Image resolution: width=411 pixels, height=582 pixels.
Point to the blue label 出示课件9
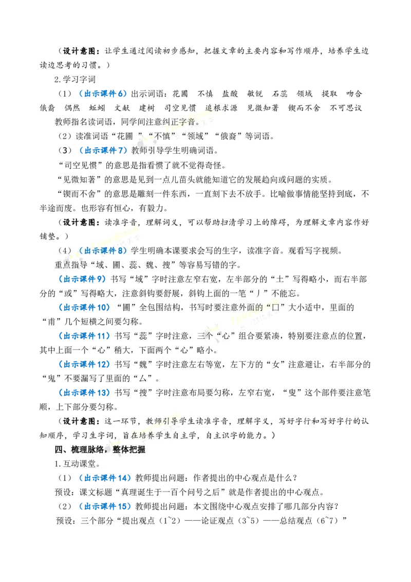coord(82,279)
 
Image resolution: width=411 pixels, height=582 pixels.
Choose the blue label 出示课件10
coord(85,307)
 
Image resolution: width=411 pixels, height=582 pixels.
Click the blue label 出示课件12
coord(85,365)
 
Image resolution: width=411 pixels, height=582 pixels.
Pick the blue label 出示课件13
coord(85,393)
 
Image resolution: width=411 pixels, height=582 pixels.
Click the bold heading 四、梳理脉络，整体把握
coord(100,449)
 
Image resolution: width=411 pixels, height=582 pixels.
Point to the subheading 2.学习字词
coord(75,79)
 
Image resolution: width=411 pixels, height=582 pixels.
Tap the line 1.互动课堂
coord(77,464)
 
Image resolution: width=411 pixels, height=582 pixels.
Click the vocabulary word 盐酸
coord(230,94)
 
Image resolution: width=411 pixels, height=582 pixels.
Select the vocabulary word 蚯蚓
coord(97,107)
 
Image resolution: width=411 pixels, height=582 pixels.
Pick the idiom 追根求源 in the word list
coord(221,107)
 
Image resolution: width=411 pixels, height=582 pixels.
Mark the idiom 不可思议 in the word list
coord(346,107)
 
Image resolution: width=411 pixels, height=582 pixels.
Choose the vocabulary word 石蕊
coord(279,94)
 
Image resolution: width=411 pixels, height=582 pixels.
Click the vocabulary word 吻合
coord(354,94)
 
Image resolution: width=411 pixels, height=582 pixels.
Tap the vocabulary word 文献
coord(122,107)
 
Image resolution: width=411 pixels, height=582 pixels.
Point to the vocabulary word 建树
coord(147,107)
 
